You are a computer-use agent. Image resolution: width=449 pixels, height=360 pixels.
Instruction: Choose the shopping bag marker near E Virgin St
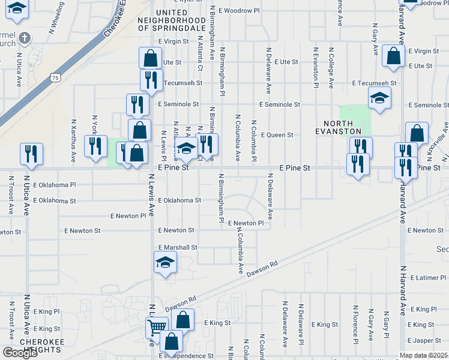point(393,56)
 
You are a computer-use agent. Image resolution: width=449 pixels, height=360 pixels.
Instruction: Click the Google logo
point(20,353)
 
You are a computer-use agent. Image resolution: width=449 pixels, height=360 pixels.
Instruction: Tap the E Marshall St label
point(178,247)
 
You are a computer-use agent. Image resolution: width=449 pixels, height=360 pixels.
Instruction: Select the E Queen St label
point(276,135)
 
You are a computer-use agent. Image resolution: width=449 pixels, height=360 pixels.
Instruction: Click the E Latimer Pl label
point(427,277)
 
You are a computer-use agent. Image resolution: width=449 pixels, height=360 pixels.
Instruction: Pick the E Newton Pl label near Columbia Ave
point(245,223)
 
